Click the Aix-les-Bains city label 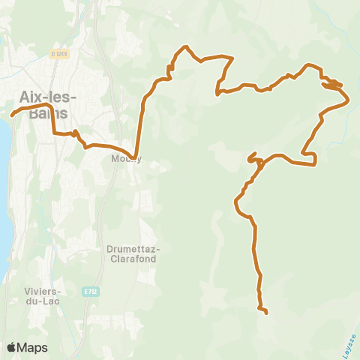[x=42, y=105]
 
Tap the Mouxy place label [x=125, y=159]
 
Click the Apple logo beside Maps [x=12, y=347]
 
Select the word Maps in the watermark [x=33, y=347]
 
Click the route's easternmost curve [x=348, y=98]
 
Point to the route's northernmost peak [x=182, y=49]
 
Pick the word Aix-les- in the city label [x=42, y=97]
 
